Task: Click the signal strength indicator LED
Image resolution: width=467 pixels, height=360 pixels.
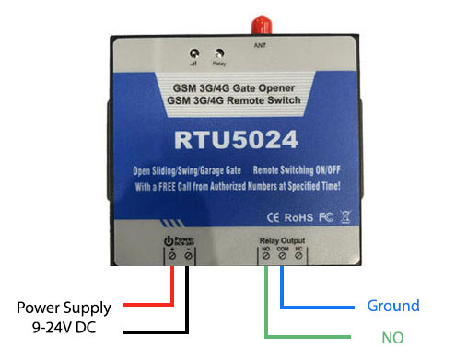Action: pos(194,54)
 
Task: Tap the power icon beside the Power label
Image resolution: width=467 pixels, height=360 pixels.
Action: pos(169,242)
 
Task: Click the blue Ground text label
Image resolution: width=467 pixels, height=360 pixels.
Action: pos(393,306)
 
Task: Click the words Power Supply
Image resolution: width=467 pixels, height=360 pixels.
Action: pos(65,307)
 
